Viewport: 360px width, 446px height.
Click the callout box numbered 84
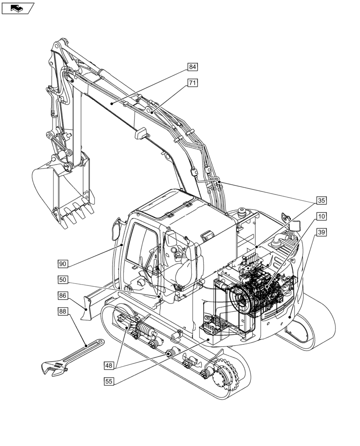[192, 67]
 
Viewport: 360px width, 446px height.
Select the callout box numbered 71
[192, 83]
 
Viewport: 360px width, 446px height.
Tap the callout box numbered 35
[321, 200]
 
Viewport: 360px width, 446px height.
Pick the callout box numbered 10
[321, 216]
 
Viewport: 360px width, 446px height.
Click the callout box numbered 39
[321, 232]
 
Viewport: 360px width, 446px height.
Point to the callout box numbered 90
[63, 264]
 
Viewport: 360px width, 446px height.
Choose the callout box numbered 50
[63, 280]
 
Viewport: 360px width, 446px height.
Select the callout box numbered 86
[63, 295]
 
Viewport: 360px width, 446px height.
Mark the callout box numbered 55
[109, 381]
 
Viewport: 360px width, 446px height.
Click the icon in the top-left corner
[17, 8]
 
